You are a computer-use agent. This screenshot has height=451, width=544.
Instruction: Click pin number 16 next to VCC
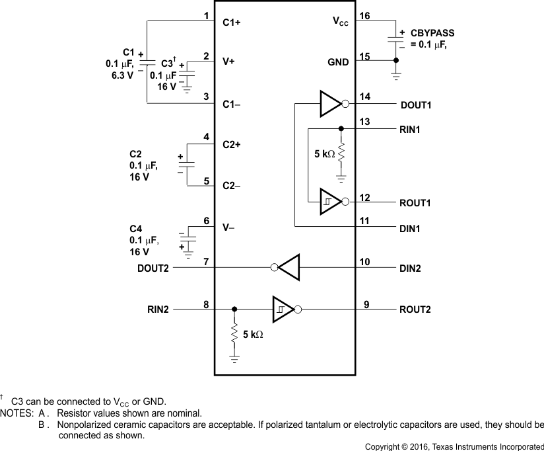point(363,15)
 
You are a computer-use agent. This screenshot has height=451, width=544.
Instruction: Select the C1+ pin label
point(232,22)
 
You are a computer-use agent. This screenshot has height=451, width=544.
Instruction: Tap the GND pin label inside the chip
point(339,61)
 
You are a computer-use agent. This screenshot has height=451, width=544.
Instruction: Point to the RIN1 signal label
point(411,129)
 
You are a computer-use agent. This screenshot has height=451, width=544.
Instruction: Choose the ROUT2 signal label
point(416,309)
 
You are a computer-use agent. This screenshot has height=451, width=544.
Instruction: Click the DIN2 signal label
point(410,269)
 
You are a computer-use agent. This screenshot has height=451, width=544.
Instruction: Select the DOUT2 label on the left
point(154,269)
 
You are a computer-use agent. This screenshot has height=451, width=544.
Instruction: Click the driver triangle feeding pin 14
point(329,104)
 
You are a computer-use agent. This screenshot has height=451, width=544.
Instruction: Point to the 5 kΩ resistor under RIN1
point(341,155)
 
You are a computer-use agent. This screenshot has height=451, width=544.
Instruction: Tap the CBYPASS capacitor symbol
point(395,39)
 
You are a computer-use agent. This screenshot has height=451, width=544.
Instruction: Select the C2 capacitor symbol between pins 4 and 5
point(187,163)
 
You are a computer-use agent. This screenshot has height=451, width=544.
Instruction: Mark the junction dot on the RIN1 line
point(341,129)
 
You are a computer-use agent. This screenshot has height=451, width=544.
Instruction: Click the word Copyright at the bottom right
point(383,446)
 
